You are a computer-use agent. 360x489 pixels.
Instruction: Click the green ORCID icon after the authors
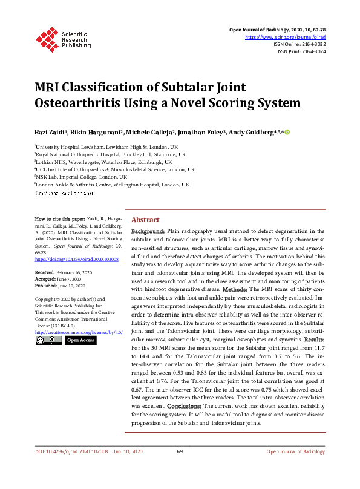pyautogui.click(x=287, y=132)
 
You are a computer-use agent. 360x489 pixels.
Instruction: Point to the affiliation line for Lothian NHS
pyautogui.click(x=103, y=162)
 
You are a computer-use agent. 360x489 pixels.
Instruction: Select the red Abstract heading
pyautogui.click(x=146, y=220)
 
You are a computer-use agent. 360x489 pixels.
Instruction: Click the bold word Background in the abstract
pyautogui.click(x=148, y=231)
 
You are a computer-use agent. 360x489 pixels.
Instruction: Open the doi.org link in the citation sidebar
pyautogui.click(x=77, y=259)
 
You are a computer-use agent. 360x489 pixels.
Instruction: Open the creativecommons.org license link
pyautogui.click(x=79, y=332)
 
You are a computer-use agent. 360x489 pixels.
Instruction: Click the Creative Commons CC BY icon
pyautogui.click(x=47, y=341)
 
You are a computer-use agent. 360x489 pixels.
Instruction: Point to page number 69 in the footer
pyautogui.click(x=180, y=451)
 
